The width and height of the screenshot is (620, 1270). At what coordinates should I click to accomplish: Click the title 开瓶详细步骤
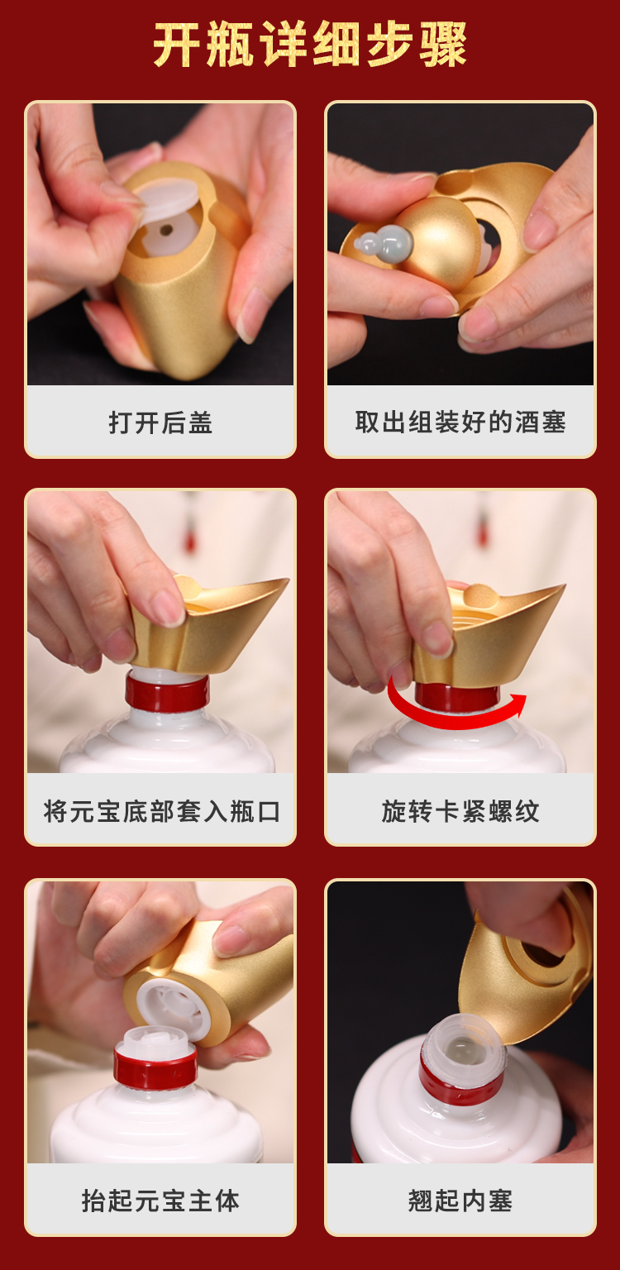310,44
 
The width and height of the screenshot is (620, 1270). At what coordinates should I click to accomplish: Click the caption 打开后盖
160,423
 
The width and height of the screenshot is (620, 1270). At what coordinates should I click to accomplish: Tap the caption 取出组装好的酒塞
460,423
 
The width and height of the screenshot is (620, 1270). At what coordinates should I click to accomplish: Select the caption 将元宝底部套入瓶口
161,811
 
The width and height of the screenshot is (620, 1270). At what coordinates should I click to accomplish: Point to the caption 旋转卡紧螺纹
460,811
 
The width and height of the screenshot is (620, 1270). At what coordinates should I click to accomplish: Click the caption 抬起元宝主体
160,1201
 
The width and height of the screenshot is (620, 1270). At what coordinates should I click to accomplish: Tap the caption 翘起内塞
460,1201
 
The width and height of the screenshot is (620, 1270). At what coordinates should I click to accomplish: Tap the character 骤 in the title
443,44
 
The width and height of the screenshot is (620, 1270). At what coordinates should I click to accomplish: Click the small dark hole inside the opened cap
166,230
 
